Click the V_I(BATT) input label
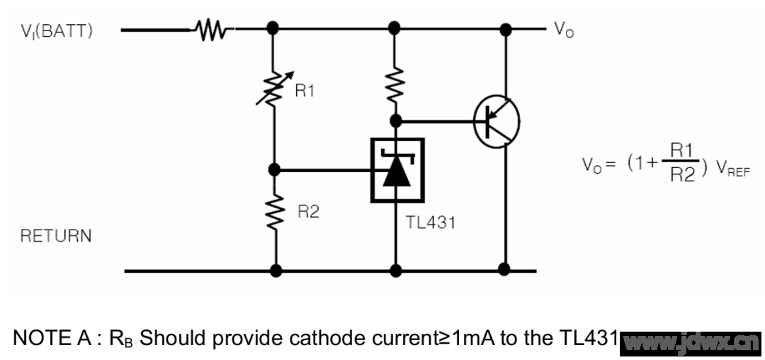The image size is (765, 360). click(56, 32)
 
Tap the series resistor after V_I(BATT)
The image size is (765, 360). click(210, 30)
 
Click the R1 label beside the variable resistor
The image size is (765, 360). click(305, 92)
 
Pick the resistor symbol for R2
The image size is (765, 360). click(274, 213)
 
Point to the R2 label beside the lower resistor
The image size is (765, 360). click(307, 211)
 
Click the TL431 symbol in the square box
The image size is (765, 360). click(397, 170)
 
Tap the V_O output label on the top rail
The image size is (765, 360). click(563, 31)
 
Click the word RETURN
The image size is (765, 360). click(56, 236)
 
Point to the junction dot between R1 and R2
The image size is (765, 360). click(275, 170)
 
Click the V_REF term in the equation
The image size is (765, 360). click(730, 171)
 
